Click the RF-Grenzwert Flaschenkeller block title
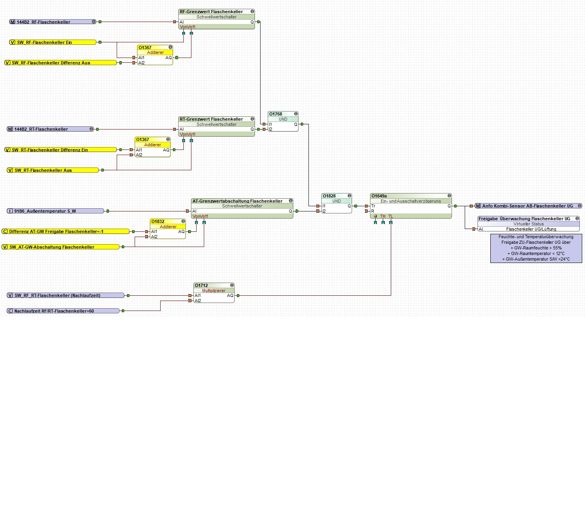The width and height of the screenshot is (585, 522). pos(211,12)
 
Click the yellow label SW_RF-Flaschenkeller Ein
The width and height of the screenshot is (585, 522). pos(44,42)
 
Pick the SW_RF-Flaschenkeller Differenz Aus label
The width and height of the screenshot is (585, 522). pos(51,63)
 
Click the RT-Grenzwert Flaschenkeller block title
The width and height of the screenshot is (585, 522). pos(211,119)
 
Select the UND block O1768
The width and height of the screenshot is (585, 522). pos(283,119)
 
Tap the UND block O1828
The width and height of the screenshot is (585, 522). pos(336,201)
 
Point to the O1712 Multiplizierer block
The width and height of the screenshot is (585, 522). pos(213,291)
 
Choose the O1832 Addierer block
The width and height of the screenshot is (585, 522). pos(168,227)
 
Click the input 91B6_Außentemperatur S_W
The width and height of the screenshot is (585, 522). pos(45,211)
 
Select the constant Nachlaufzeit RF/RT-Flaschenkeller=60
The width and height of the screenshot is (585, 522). pos(54,311)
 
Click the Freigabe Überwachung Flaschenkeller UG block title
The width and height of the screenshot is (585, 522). pos(524,219)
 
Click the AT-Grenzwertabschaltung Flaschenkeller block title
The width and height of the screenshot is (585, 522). pos(237,201)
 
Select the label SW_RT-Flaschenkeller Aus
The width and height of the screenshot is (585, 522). pos(43,170)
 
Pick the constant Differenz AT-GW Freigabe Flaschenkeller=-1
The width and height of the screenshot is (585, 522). pos(56,231)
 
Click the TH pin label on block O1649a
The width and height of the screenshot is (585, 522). pos(383,216)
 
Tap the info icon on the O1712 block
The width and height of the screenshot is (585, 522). pos(232,285)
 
